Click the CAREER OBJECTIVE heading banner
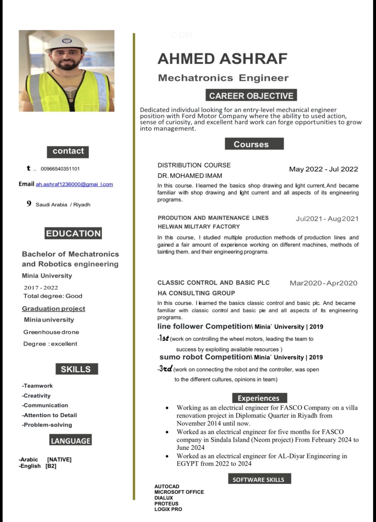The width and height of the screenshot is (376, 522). pos(251,95)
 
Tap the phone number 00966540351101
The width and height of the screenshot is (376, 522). pos(60,169)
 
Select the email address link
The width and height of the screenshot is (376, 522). pos(74,184)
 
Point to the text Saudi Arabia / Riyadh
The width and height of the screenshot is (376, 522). pos(63,204)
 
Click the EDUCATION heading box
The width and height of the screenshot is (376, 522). pos(73,233)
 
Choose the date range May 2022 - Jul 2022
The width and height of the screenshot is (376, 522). pos(323,169)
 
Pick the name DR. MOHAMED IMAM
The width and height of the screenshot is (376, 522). pos(190,175)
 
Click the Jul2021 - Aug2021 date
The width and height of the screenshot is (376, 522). pos(327,219)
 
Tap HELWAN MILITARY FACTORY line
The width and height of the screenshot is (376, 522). pos(199,226)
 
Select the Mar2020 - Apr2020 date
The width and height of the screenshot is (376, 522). pos(323,283)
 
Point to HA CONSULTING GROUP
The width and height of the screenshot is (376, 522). pos(196,293)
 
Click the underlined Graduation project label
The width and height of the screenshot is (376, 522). pos(54,309)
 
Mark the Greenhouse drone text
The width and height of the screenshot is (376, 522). pos(51,332)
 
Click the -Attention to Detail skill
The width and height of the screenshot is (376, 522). pos(50,415)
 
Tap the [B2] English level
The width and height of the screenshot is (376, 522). pos(51,466)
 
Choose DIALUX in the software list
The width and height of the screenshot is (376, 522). pos(163,498)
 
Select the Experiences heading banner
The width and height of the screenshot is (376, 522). pos(258,398)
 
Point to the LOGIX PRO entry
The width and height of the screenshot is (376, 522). pos(168,509)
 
